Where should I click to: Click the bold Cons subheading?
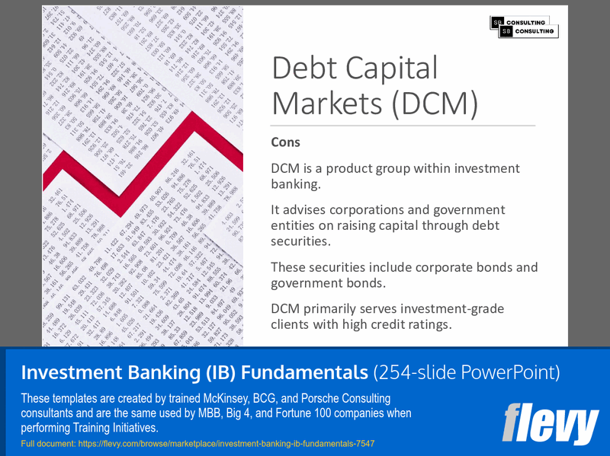pyautogui.click(x=285, y=142)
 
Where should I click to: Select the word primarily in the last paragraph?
pyautogui.click(x=340, y=309)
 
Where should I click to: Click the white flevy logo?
pyautogui.click(x=550, y=424)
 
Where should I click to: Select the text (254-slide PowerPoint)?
pyautogui.click(x=467, y=372)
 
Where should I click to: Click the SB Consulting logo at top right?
pyautogui.click(x=524, y=27)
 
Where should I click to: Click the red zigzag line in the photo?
pyautogui.click(x=145, y=175)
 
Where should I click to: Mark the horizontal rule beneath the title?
pyautogui.click(x=403, y=125)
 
